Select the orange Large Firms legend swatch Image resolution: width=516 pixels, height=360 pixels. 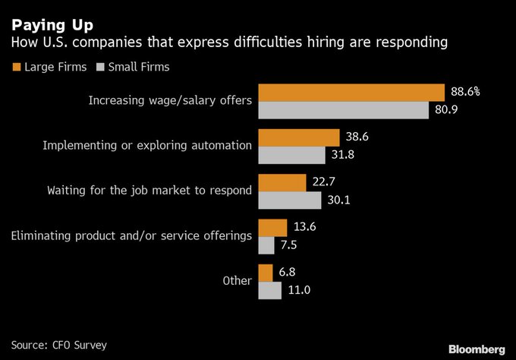coord(16,67)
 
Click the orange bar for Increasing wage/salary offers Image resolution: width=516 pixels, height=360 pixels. coord(351,92)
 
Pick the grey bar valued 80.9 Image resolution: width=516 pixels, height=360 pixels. coord(343,110)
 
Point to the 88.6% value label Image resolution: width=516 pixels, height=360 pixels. coord(465,92)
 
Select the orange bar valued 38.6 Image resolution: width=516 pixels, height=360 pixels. coord(298,137)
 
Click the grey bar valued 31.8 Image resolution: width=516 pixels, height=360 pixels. coord(291,155)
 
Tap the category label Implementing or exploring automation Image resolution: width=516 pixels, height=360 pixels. coord(147,145)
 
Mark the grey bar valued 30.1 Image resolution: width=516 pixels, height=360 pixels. coord(290,200)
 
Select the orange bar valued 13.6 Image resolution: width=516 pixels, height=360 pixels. coord(272,226)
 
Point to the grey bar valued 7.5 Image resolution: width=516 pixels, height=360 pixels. coord(266,245)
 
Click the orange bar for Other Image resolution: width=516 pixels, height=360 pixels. coord(266,272)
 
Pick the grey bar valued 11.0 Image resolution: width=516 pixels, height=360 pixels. coord(270,290)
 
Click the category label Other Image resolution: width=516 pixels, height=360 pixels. coord(237,280)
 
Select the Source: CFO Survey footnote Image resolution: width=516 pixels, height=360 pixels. coord(58,345)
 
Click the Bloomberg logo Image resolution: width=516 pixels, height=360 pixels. coord(475,348)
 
